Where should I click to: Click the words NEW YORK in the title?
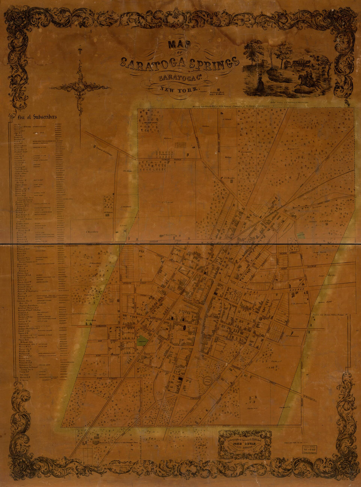click(x=180, y=89)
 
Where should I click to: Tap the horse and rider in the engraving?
click(x=304, y=80)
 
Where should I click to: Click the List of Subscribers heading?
click(x=37, y=117)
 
